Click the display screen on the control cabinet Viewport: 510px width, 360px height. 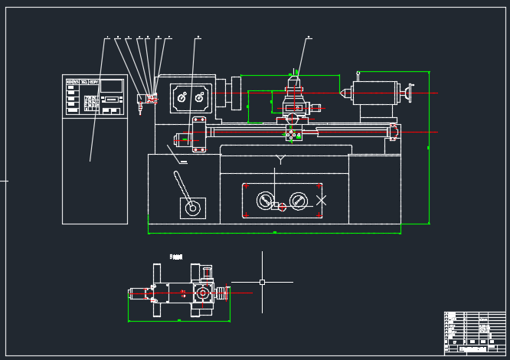click(x=112, y=87)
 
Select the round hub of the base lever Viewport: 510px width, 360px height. click(x=193, y=207)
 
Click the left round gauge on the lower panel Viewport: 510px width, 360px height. click(x=264, y=201)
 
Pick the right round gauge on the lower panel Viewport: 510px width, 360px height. click(x=298, y=201)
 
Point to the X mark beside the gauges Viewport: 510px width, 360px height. click(x=322, y=200)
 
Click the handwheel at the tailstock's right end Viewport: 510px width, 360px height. click(x=407, y=94)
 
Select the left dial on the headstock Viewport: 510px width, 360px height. click(x=182, y=97)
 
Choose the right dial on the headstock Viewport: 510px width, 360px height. click(x=201, y=97)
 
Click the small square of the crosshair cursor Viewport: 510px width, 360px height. click(x=262, y=282)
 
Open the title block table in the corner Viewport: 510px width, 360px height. click(x=475, y=332)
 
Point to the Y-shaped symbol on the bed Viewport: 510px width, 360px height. click(x=280, y=159)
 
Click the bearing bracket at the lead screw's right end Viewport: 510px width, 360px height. click(x=394, y=131)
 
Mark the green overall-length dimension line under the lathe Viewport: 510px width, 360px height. click(x=274, y=232)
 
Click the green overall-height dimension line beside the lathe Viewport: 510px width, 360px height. click(x=429, y=146)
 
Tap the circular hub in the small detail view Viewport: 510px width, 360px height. click(x=202, y=293)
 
